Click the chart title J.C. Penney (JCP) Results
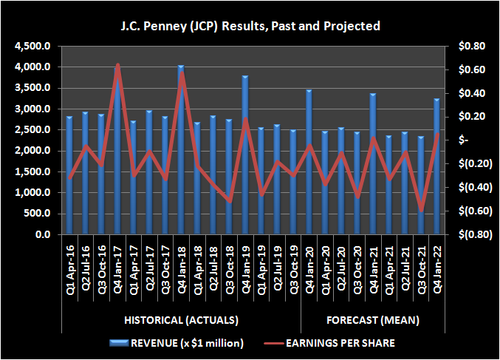pyautogui.click(x=250, y=26)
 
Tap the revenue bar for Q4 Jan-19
pyautogui.click(x=244, y=155)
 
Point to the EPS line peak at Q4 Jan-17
pyautogui.click(x=117, y=66)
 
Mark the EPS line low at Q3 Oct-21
pyautogui.click(x=421, y=211)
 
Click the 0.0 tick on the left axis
pyautogui.click(x=42, y=235)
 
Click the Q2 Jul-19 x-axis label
pyautogui.click(x=277, y=265)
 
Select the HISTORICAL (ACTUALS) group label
pyautogui.click(x=180, y=320)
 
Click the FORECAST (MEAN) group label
pyautogui.click(x=373, y=320)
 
